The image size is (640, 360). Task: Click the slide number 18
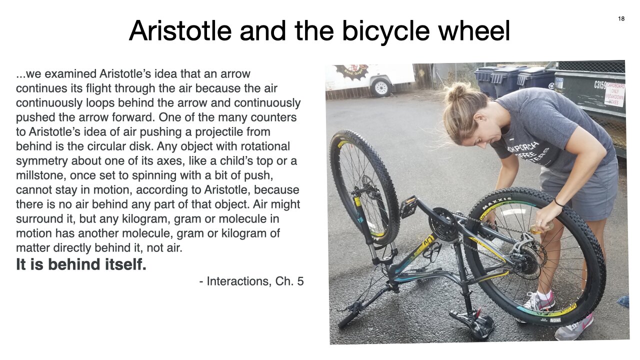tap(621, 19)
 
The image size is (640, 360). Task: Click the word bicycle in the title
tap(385, 30)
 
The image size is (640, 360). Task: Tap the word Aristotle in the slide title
tap(180, 30)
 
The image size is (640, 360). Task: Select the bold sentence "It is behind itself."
tap(81, 264)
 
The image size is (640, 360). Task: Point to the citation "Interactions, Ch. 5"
tap(255, 281)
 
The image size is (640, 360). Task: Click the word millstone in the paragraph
tap(40, 175)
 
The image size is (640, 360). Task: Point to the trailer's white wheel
tap(381, 87)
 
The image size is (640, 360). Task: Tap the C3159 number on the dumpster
tap(600, 84)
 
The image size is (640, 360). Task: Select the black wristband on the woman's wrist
tap(559, 203)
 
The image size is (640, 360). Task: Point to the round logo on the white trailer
tap(352, 70)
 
